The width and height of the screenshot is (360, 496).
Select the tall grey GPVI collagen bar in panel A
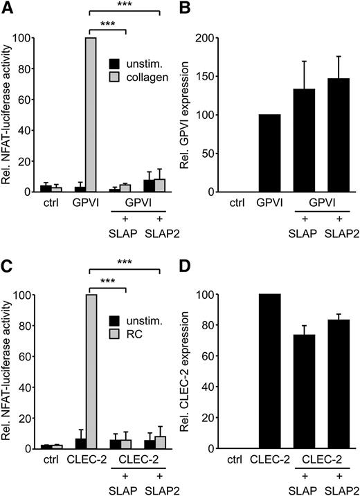[90, 131]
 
